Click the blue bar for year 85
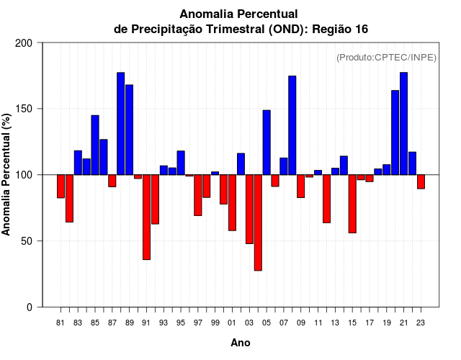95,145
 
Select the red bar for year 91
146,217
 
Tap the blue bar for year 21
403,123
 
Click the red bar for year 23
421,181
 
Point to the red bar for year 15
352,204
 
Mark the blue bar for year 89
129,130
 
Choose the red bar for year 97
197,195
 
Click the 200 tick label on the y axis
24,43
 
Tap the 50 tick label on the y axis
27,241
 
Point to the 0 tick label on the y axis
30,307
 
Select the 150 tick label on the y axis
24,109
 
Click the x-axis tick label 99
215,323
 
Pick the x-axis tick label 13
335,323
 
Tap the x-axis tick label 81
61,323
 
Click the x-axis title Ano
241,343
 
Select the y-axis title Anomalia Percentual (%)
6,175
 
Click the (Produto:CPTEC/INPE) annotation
386,57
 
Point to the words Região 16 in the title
342,28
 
